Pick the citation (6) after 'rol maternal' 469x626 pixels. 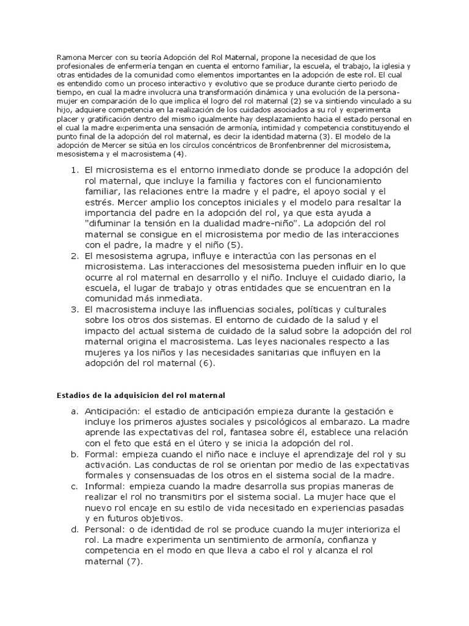pos(207,363)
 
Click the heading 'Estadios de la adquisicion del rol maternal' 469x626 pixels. pos(140,396)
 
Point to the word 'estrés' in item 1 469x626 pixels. pos(100,201)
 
